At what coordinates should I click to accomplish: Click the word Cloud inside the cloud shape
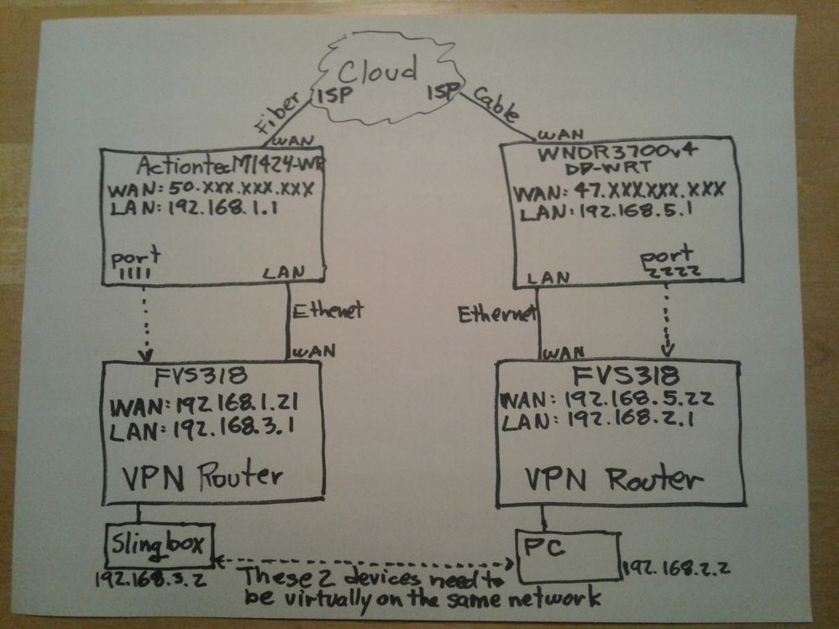(378, 71)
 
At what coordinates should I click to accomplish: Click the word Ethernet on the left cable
(328, 310)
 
